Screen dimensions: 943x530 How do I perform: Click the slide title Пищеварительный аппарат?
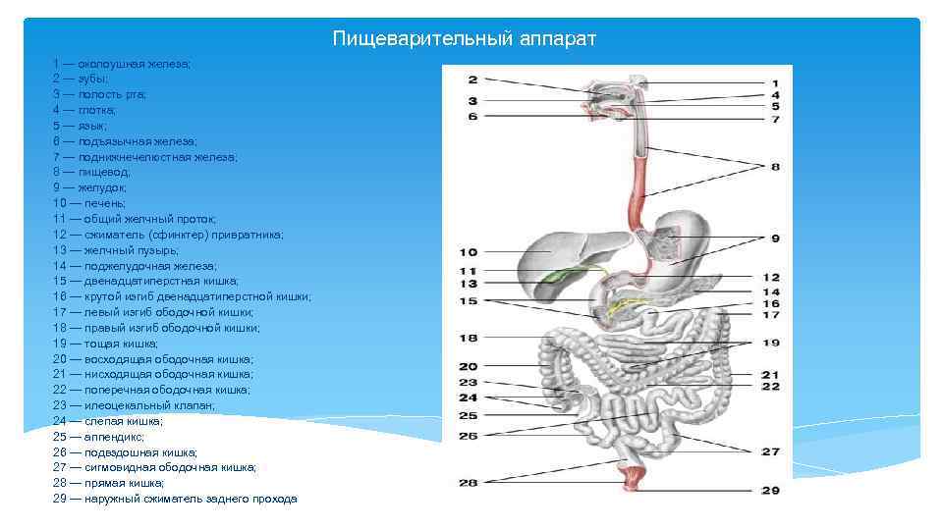click(x=464, y=38)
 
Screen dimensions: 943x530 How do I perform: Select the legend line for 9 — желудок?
click(x=89, y=187)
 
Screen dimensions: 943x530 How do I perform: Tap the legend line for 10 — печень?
click(x=89, y=203)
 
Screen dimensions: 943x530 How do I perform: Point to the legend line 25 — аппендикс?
click(x=98, y=436)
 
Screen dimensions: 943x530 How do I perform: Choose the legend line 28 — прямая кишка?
click(x=109, y=483)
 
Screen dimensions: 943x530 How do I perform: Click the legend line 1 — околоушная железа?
click(x=122, y=64)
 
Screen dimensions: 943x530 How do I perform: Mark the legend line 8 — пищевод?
click(x=88, y=172)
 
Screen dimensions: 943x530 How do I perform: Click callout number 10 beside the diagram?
click(x=469, y=252)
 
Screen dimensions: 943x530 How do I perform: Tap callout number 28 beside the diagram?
click(x=469, y=482)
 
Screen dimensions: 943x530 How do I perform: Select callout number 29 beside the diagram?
click(x=770, y=490)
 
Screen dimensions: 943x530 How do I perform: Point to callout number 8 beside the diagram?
click(x=775, y=167)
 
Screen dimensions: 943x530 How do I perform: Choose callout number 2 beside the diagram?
click(x=472, y=79)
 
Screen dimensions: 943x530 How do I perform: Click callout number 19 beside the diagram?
click(x=770, y=343)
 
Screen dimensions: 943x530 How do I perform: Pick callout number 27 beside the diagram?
click(x=770, y=451)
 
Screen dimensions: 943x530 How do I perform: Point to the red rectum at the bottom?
click(x=628, y=477)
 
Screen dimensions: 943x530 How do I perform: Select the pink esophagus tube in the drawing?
click(x=637, y=196)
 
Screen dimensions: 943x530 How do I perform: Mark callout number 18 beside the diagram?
click(x=469, y=338)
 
